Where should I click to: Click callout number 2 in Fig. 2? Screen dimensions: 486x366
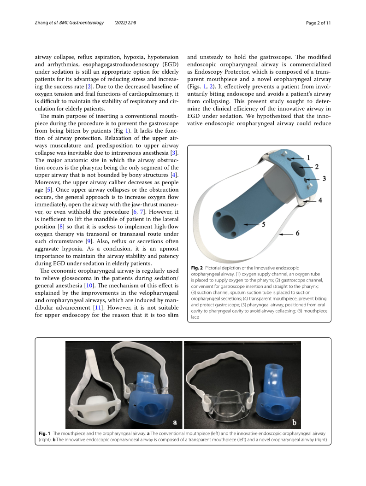(x=317, y=166)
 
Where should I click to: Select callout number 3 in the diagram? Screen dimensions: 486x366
(x=324, y=178)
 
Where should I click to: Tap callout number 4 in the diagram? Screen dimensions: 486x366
(x=319, y=200)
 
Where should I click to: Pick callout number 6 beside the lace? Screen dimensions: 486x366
(x=297, y=234)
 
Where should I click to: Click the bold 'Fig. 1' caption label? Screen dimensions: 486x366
(x=44, y=433)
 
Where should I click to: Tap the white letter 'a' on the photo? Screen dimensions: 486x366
(x=175, y=422)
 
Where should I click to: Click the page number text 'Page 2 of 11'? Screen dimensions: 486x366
(x=319, y=23)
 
